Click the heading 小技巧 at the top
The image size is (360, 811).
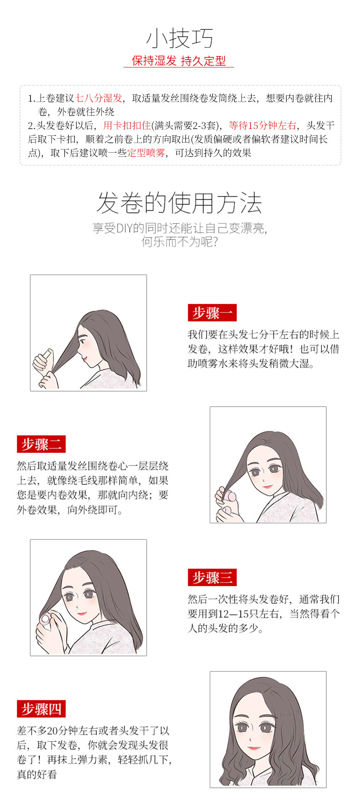(x=180, y=38)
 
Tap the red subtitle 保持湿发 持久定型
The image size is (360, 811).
(x=179, y=61)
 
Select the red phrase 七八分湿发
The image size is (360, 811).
(x=98, y=98)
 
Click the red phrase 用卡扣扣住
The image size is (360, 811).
(x=127, y=125)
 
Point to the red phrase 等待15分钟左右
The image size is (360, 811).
(x=262, y=125)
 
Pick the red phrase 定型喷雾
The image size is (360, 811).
(x=146, y=153)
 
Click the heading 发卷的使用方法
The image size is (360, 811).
(x=180, y=203)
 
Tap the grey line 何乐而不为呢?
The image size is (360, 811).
(x=180, y=242)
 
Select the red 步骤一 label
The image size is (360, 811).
(x=212, y=313)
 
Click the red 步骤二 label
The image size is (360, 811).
(x=41, y=444)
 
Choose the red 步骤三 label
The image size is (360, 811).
(x=212, y=578)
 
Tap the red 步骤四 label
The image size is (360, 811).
(x=41, y=709)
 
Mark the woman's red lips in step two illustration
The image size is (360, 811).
(x=267, y=486)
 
